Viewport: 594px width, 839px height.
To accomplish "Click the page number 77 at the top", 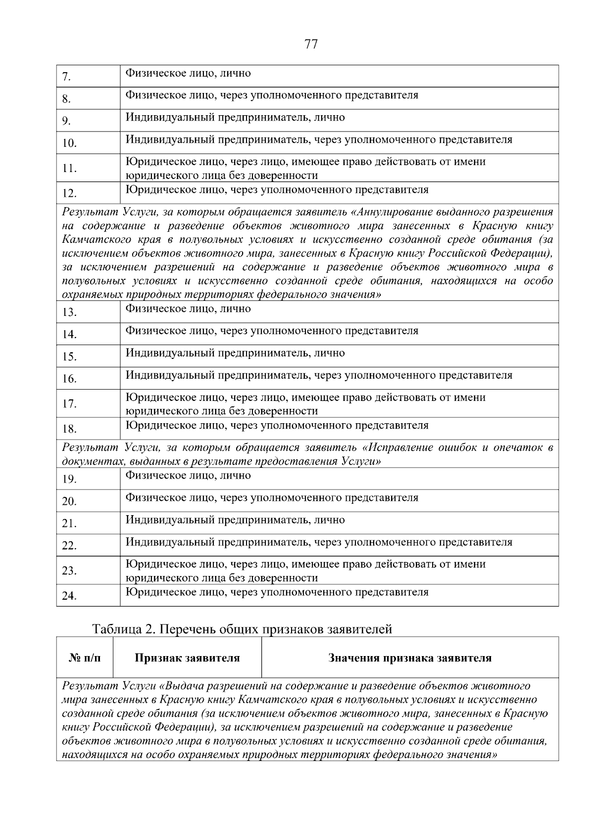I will point(311,44).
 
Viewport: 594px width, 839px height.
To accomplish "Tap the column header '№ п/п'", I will point(85,658).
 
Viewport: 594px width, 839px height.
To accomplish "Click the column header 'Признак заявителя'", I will point(187,658).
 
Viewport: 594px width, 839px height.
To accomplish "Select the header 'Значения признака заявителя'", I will point(410,658).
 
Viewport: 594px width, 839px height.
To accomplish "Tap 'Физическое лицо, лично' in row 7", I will point(188,73).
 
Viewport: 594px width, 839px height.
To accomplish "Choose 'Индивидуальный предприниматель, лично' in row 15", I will point(235,353).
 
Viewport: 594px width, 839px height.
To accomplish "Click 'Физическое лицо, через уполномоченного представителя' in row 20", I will point(271,498).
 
